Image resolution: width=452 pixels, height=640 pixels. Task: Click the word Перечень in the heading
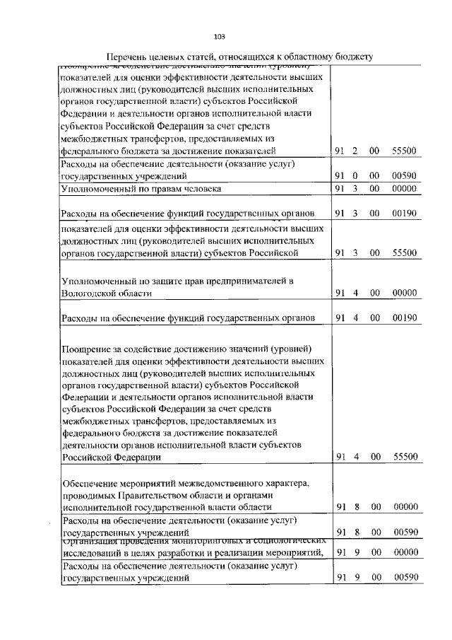click(x=130, y=57)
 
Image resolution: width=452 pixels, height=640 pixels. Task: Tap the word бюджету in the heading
click(x=351, y=57)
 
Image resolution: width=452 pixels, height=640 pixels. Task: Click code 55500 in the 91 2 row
click(x=405, y=151)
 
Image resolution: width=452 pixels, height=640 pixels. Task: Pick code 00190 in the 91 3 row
click(x=405, y=213)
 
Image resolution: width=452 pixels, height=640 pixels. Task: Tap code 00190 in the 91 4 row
click(x=405, y=318)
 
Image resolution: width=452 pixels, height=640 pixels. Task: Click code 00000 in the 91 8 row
click(x=405, y=506)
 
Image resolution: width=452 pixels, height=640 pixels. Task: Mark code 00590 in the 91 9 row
click(x=405, y=578)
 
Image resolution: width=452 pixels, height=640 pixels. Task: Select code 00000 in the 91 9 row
click(x=405, y=552)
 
